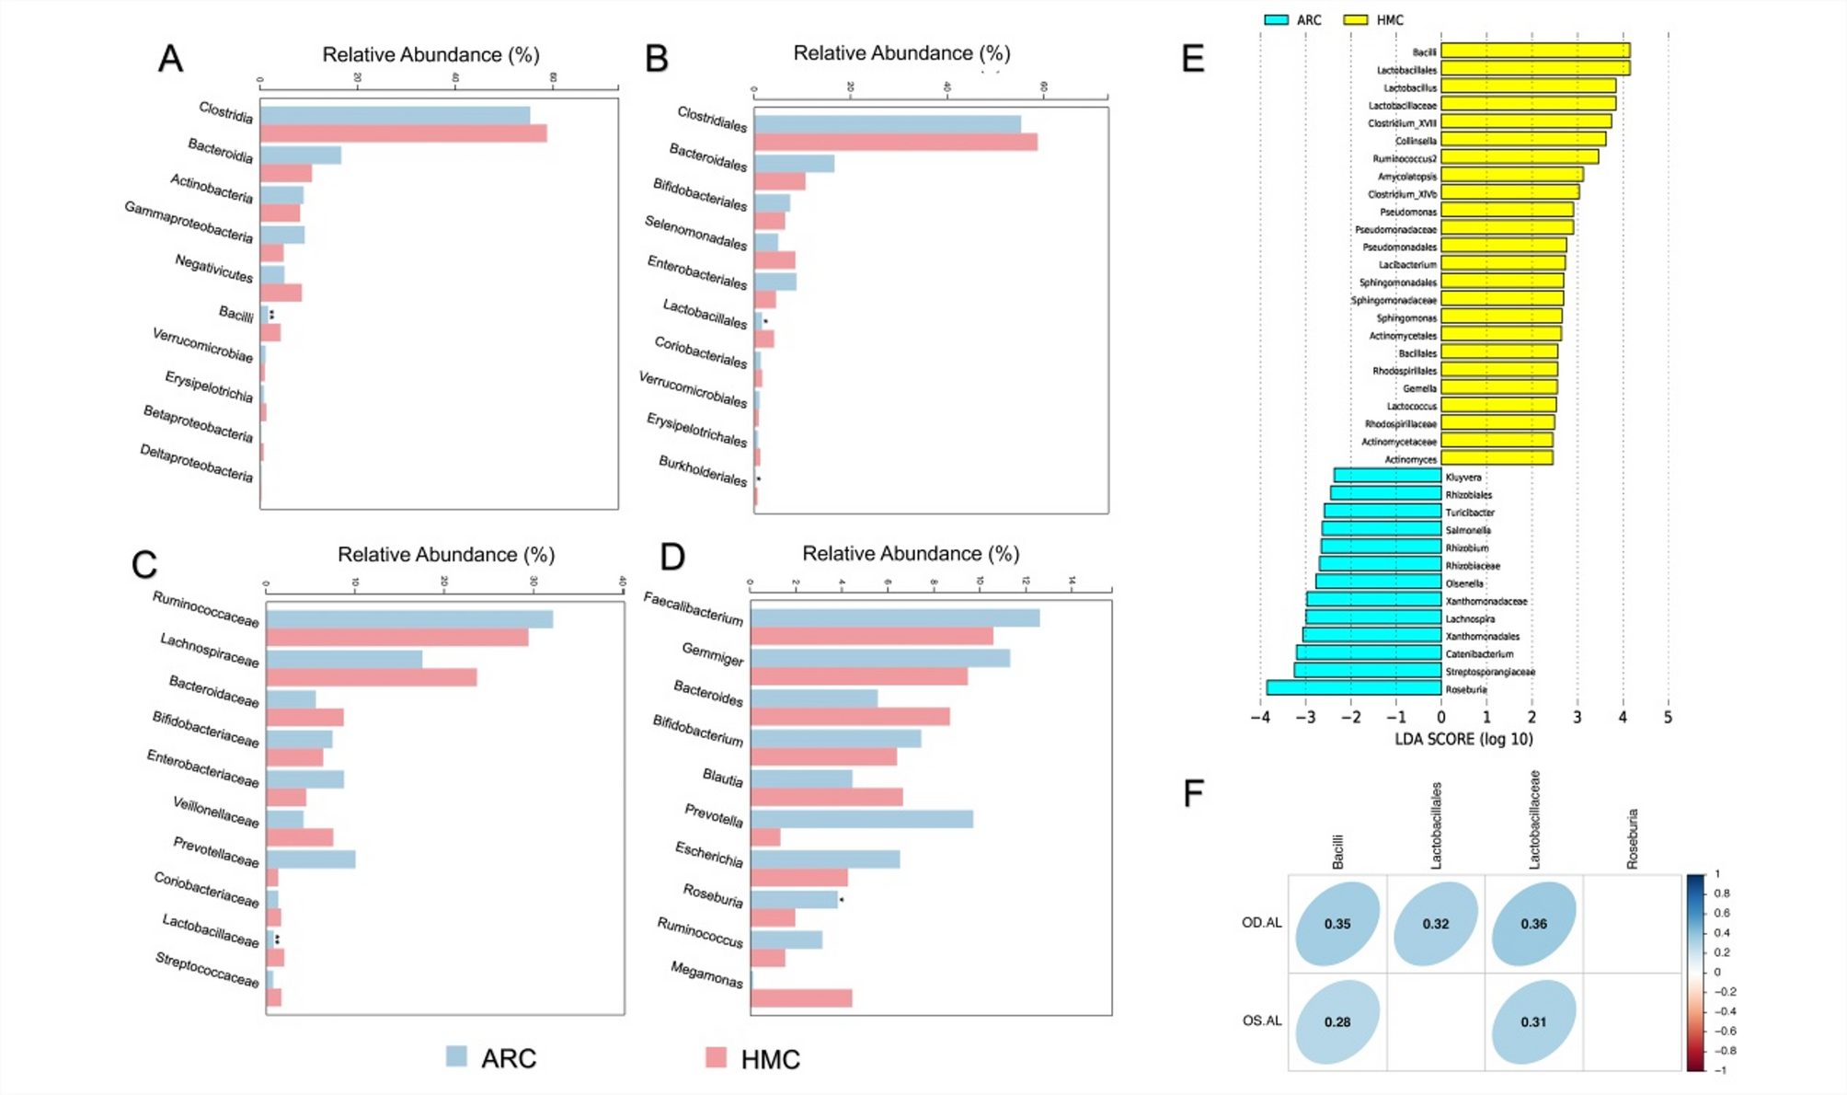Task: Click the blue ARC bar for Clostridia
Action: pyautogui.click(x=395, y=116)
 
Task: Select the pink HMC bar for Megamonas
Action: pyautogui.click(x=801, y=998)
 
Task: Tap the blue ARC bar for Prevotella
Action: pyautogui.click(x=862, y=819)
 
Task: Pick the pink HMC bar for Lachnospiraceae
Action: pyautogui.click(x=372, y=677)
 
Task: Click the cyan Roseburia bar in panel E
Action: pyautogui.click(x=1353, y=687)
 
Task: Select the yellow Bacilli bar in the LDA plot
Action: pyautogui.click(x=1534, y=51)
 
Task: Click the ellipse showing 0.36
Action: pyautogui.click(x=1533, y=923)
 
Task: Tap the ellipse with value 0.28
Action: pyautogui.click(x=1336, y=1021)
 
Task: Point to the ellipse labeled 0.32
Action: pyautogui.click(x=1435, y=923)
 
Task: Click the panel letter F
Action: pyautogui.click(x=1193, y=793)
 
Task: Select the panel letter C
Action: pyautogui.click(x=144, y=565)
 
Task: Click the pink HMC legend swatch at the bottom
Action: pyautogui.click(x=716, y=1057)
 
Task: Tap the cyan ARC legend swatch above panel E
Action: pyautogui.click(x=1276, y=19)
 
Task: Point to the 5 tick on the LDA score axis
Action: pyautogui.click(x=1668, y=718)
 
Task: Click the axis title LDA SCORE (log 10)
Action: pyautogui.click(x=1463, y=739)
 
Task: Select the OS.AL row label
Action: pyautogui.click(x=1261, y=1020)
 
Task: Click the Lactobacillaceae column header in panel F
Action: pyautogui.click(x=1533, y=820)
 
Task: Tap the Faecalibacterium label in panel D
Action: pyautogui.click(x=693, y=608)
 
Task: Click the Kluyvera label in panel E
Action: pyautogui.click(x=1463, y=477)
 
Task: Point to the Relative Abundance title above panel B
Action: pyautogui.click(x=901, y=53)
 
